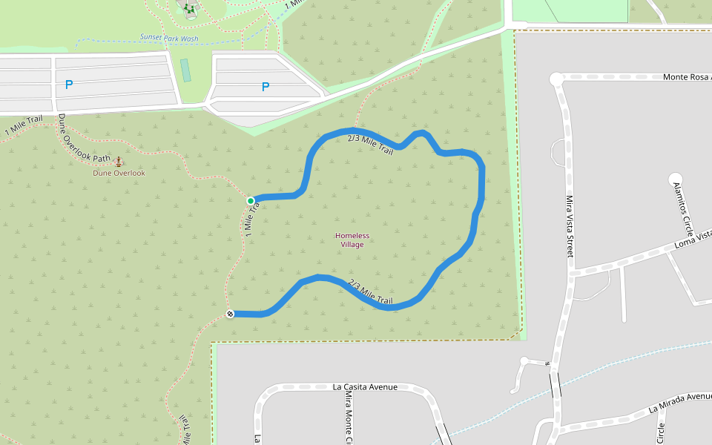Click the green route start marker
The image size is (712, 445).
click(251, 200)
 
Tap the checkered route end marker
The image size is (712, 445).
click(230, 314)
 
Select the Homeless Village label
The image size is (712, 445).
click(352, 240)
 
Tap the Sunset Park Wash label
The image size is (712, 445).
click(169, 38)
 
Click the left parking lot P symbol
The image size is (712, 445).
click(69, 85)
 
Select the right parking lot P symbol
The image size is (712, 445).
click(265, 87)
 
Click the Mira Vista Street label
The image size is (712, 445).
click(570, 225)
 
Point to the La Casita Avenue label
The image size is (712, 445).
click(365, 387)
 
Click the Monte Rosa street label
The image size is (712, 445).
click(686, 76)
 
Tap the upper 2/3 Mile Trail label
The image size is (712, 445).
click(370, 145)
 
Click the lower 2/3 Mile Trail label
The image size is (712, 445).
click(370, 291)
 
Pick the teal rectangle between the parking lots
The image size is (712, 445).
click(185, 70)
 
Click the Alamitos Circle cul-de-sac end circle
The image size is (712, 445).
click(675, 178)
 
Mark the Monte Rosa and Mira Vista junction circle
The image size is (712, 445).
click(556, 79)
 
